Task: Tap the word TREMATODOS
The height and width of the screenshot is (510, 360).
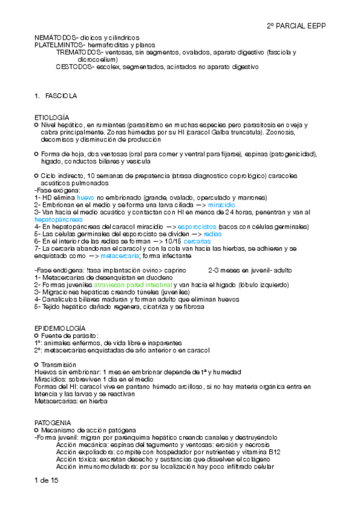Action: coord(78,52)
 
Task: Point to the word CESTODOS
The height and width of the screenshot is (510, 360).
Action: coord(73,67)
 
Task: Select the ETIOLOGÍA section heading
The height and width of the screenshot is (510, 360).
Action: coord(52,116)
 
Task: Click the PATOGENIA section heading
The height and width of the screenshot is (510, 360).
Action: coord(53,423)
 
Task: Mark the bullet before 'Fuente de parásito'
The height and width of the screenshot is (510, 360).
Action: coord(37,335)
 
